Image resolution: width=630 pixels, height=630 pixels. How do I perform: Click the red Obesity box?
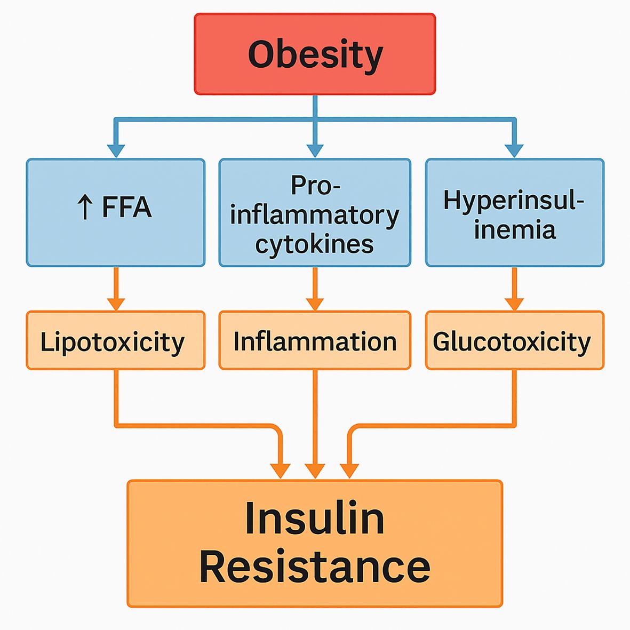pos(315,54)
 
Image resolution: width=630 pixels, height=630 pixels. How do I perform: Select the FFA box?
pos(115,212)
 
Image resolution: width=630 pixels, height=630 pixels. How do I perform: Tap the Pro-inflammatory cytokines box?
pos(315,212)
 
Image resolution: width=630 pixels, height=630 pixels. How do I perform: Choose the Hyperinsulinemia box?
pos(514,212)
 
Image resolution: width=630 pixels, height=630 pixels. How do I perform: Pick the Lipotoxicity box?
pos(115,340)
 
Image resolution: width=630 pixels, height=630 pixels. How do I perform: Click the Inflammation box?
pos(315,340)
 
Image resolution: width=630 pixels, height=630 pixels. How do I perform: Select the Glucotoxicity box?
pos(514,340)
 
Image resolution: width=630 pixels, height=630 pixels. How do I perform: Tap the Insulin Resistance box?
pos(315,543)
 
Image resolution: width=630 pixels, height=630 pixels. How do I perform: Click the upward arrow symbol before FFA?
pos(85,208)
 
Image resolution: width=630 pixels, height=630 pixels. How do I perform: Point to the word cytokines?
pos(314,245)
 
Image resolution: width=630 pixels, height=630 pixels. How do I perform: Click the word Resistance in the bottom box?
pos(315,567)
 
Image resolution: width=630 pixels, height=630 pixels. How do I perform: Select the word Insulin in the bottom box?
pos(315,519)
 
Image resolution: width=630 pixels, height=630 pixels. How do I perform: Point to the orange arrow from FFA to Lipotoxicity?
pos(116,289)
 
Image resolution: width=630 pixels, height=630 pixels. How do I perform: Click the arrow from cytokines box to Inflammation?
pos(315,289)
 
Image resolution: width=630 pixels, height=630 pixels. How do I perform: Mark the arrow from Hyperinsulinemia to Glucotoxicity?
pos(514,289)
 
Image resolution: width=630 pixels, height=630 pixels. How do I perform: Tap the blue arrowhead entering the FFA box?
pos(116,150)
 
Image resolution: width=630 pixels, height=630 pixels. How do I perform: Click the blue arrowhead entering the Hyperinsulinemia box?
pos(514,150)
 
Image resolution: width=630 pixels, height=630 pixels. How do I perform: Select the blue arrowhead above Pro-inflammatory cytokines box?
pos(315,150)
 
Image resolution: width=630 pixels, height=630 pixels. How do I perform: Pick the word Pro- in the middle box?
pos(315,186)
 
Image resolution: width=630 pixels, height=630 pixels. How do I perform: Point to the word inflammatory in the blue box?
pos(315,216)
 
